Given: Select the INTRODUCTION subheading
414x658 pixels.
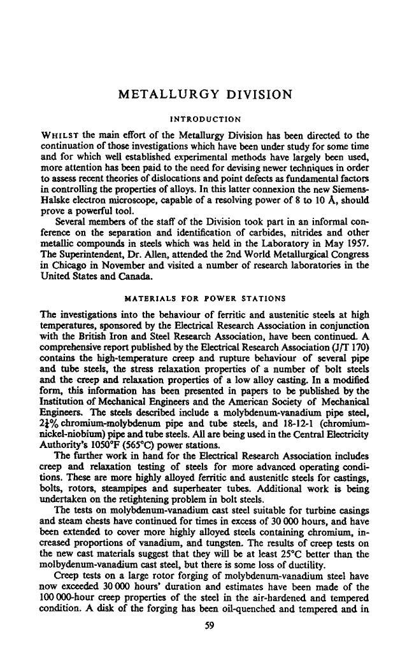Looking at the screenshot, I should [206, 118].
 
